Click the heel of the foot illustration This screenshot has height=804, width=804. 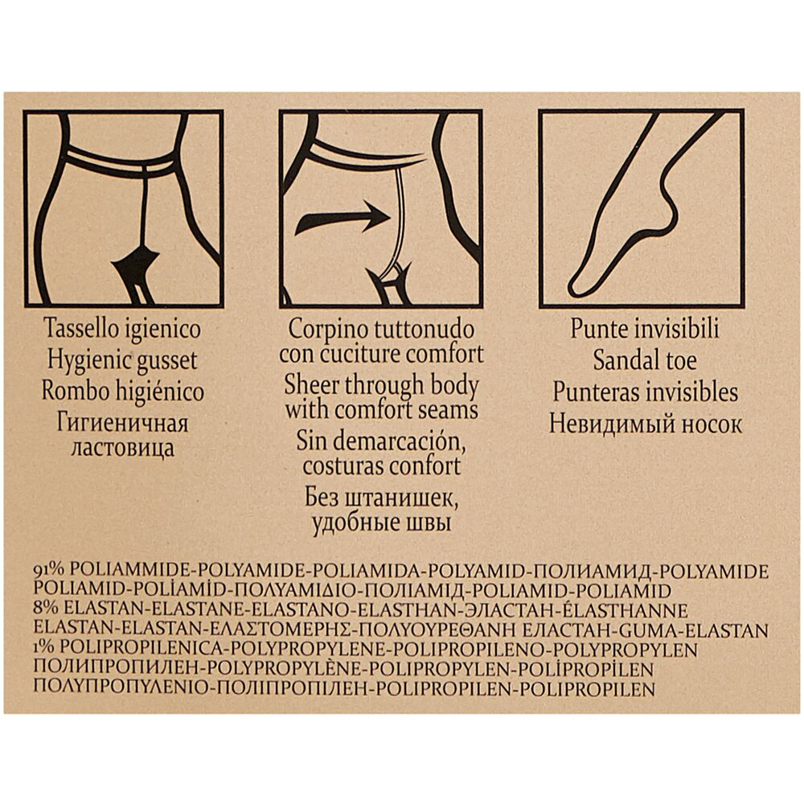pyautogui.click(x=671, y=210)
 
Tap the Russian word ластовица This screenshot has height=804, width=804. pyautogui.click(x=122, y=448)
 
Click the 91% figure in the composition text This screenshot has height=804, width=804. pyautogui.click(x=49, y=571)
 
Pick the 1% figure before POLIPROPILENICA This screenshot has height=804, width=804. pyautogui.click(x=44, y=649)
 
